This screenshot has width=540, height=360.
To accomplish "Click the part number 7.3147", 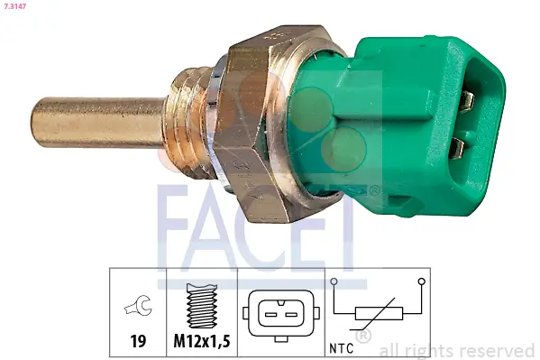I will point(16,7).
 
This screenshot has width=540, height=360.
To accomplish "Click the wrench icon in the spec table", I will point(138,308).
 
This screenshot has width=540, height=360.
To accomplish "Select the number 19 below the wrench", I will point(138,342).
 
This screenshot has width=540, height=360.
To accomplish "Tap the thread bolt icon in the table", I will point(203,305).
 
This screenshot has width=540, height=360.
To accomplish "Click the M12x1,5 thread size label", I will point(203,342).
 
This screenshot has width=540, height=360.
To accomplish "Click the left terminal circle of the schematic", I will point(334,282).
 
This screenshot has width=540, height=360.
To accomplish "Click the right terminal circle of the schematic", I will point(421,282).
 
